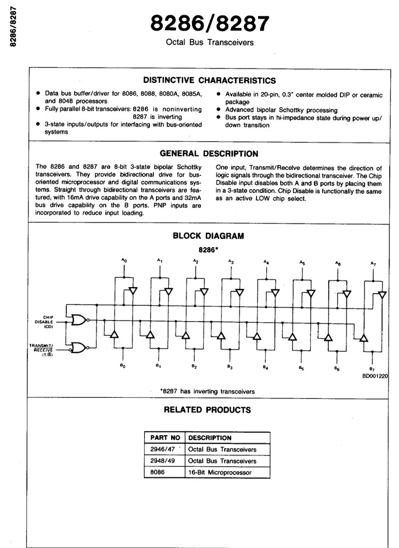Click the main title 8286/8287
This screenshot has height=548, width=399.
tap(210, 24)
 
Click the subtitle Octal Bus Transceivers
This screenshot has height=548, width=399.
tap(210, 43)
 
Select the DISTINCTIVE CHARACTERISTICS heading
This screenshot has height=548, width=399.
tap(209, 81)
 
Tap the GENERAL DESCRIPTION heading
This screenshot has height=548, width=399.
tap(209, 154)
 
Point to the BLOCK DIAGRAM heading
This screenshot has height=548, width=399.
tap(208, 236)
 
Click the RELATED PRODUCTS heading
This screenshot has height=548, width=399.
tap(208, 409)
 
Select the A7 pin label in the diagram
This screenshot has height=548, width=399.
tap(373, 264)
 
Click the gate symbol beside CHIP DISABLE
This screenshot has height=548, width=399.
tap(79, 319)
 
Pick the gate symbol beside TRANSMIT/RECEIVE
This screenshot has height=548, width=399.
tap(79, 347)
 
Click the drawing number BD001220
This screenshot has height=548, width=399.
tap(375, 376)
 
